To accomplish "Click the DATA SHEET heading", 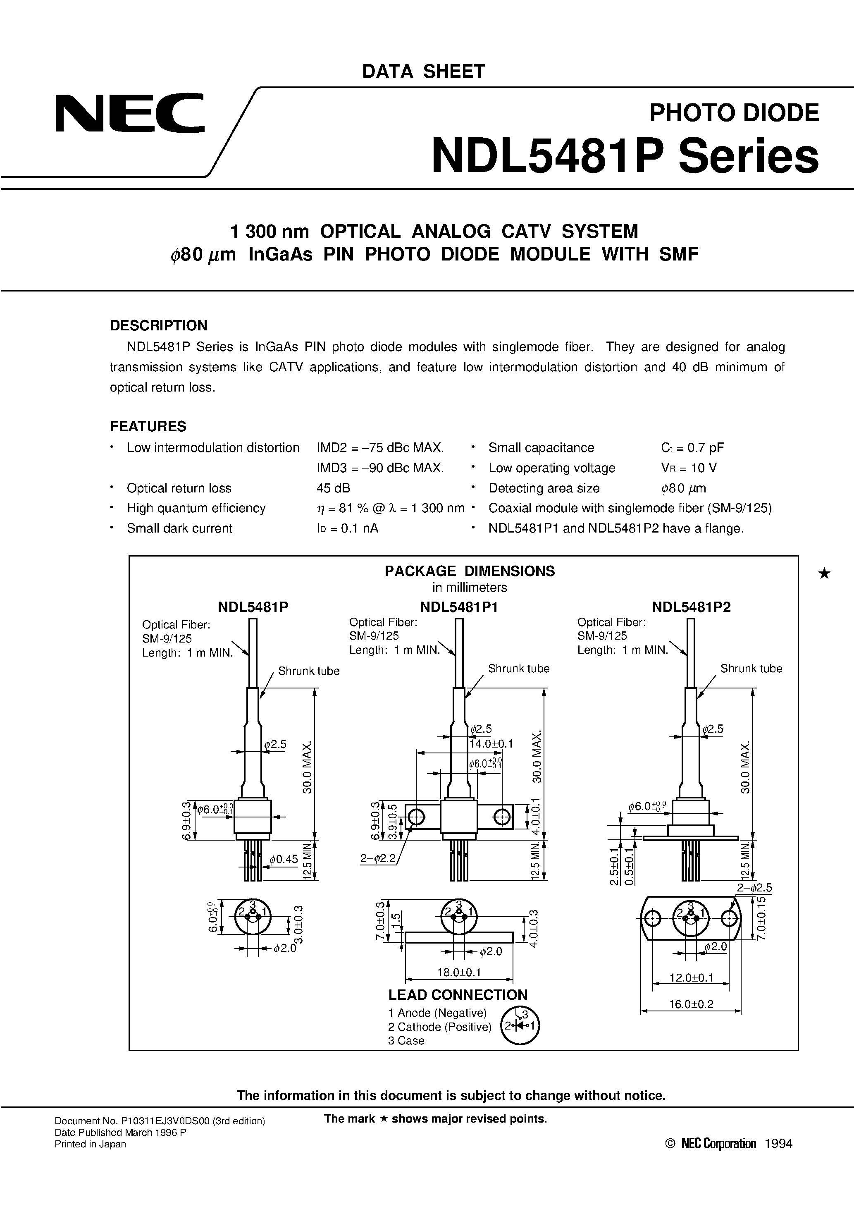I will coord(423,71).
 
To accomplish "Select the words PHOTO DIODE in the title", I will coord(734,112).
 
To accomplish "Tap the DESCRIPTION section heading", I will coord(158,325).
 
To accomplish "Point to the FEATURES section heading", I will coord(148,426).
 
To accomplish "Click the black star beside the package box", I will coord(825,573).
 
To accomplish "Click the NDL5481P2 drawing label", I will coord(691,607).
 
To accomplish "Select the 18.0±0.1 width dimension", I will coord(458,972).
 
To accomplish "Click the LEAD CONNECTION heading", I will coord(458,995).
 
